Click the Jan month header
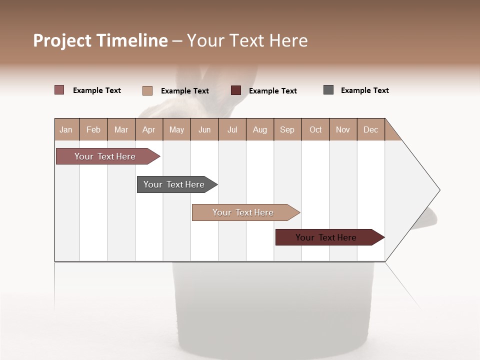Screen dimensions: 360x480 66,129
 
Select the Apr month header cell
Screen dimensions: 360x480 149,129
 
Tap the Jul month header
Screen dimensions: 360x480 232,129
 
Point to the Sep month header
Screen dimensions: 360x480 287,129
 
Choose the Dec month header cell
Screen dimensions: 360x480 370,129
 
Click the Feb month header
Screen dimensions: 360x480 93,129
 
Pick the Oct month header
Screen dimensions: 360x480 315,129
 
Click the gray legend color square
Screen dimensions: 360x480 328,90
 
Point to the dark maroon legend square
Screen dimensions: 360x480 236,90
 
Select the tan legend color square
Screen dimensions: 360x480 147,90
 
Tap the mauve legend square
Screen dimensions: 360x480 59,90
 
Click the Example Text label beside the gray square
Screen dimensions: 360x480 364,90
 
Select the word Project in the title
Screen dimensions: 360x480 63,40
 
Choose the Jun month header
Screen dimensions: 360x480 204,129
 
